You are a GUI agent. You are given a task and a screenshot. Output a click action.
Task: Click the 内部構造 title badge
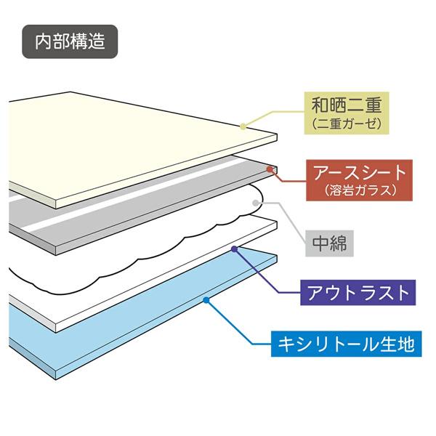click(x=70, y=41)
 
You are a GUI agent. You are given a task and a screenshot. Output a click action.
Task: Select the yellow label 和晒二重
click(x=346, y=105)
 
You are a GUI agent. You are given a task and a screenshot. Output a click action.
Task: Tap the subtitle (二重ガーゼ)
click(x=346, y=124)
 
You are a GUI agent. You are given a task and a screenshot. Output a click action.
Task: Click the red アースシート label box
click(x=359, y=180)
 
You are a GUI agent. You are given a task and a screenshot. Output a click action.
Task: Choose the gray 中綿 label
click(x=329, y=243)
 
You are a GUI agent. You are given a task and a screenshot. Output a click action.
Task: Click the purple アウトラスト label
click(x=358, y=293)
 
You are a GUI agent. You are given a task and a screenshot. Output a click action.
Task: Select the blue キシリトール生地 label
click(x=346, y=344)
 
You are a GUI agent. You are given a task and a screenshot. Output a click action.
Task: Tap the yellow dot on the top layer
click(x=243, y=126)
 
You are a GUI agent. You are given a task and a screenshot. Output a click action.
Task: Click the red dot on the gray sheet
click(x=269, y=169)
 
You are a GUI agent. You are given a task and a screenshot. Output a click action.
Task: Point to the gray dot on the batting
click(x=255, y=203)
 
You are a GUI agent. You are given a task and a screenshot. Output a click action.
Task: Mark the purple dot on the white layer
click(x=234, y=249)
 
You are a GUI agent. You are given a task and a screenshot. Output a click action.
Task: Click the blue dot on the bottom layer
click(x=206, y=300)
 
